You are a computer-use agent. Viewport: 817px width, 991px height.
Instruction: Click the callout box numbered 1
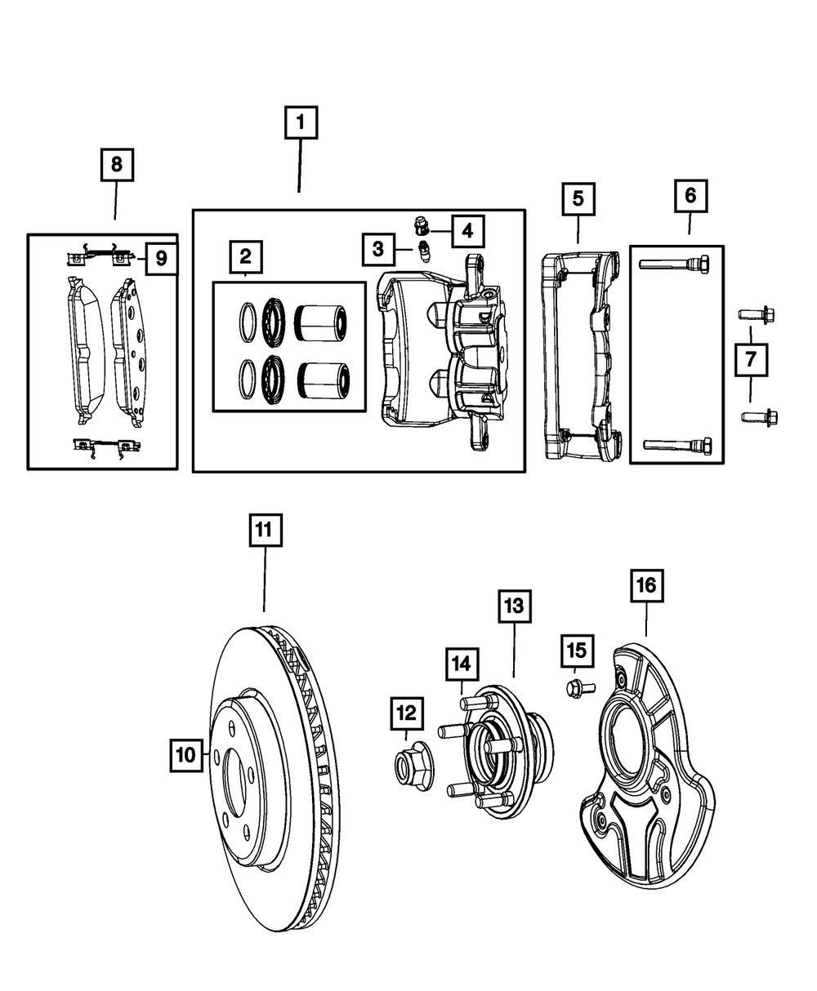click(x=301, y=122)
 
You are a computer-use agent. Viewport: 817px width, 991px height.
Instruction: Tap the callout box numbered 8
click(x=117, y=165)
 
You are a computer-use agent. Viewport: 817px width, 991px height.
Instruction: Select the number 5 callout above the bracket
click(x=578, y=199)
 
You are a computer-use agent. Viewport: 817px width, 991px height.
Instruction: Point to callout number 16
click(x=647, y=585)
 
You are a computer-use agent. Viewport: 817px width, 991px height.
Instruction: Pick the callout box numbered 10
click(x=186, y=755)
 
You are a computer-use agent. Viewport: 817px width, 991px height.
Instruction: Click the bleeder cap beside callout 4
click(x=421, y=226)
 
